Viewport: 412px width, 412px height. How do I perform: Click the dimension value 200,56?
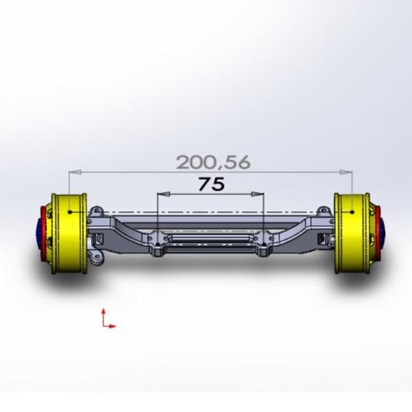pos(213,162)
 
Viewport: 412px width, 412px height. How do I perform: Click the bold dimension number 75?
pos(211,184)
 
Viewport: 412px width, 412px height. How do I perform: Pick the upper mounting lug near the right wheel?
pos(323,211)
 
